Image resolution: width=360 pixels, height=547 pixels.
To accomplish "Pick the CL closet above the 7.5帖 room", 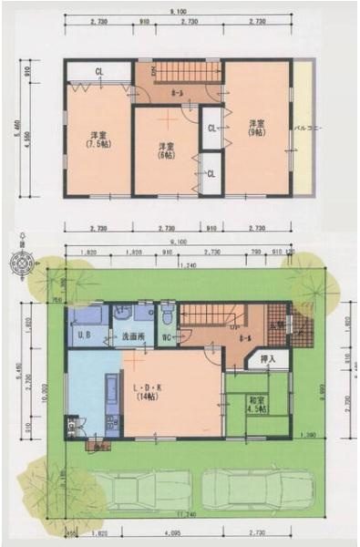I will [98, 70].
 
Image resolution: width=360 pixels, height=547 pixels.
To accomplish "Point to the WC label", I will [168, 340].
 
